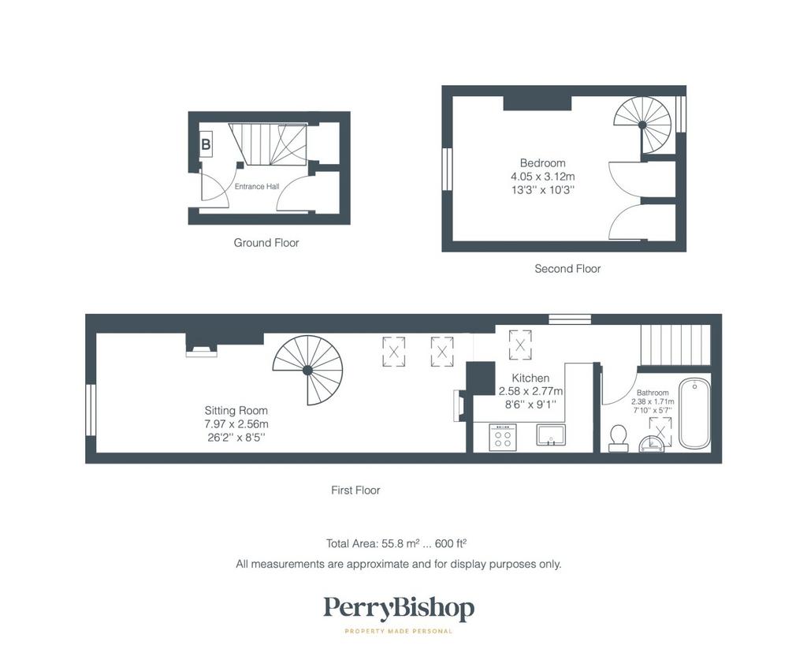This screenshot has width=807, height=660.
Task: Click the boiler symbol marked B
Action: coord(206,144)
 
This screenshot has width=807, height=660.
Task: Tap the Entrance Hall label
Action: coord(257,186)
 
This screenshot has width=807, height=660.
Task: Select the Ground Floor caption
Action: coord(266,243)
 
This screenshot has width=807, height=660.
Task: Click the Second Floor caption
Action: coord(567,268)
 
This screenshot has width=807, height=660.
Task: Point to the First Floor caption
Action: coord(355,490)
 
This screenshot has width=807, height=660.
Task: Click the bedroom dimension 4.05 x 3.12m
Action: coord(542,177)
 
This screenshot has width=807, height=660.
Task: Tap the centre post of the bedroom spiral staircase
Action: coord(642,125)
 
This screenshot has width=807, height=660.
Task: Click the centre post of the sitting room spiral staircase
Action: coord(307,370)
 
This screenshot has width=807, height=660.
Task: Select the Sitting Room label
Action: coord(236,411)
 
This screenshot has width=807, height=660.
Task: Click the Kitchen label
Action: coord(530,378)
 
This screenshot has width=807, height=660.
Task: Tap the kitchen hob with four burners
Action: coord(503,438)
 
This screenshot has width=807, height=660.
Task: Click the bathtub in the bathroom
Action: coord(694,414)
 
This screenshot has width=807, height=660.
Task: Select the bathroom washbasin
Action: coord(652,444)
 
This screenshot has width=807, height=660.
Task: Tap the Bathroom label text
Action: coord(653,393)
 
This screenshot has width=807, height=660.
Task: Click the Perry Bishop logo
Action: coord(399,609)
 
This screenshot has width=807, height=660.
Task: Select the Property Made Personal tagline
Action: coord(398,631)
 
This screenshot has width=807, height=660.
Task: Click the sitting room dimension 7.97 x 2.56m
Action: coord(236,424)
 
